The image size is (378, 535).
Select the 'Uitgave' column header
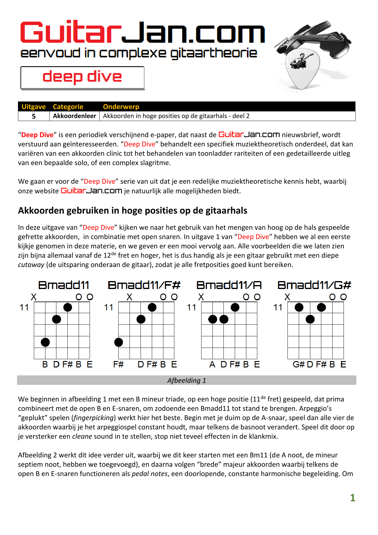coord(34,107)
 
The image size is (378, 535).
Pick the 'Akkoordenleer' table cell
coord(74,116)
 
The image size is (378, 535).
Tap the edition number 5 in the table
coord(34,116)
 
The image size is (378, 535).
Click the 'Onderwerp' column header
coord(121,107)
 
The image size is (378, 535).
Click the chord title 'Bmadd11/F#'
coord(144,285)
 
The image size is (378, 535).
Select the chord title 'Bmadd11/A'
coord(229,285)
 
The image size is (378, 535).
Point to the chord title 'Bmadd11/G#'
coord(314,285)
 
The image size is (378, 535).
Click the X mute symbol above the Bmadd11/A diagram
coord(201,297)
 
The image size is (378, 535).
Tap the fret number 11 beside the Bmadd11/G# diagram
coord(278,307)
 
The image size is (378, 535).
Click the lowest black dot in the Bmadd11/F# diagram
coord(119,342)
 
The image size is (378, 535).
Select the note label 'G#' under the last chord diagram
coord(298,364)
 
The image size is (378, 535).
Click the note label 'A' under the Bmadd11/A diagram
coord(212,364)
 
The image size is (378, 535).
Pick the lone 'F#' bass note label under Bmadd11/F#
coord(118,364)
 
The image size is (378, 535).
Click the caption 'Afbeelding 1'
coord(187,380)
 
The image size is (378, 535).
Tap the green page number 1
coord(352,498)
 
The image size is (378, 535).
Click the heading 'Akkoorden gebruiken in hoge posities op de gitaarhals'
coord(133,211)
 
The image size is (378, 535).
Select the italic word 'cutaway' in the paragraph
coord(31,265)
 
